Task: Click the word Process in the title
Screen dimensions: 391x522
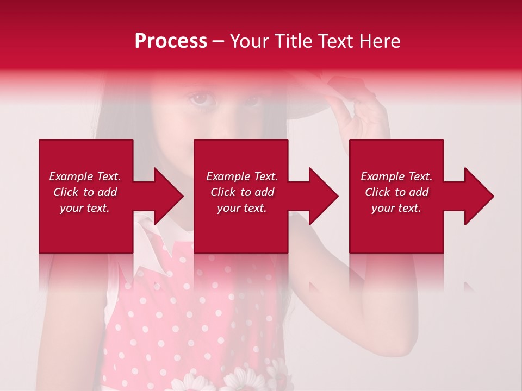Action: [x=171, y=41]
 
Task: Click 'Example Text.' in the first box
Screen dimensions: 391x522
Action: [x=85, y=176]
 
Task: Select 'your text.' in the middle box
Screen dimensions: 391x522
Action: [x=241, y=208]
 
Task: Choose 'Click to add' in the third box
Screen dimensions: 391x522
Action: [x=396, y=192]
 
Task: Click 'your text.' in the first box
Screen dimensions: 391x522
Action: [x=85, y=208]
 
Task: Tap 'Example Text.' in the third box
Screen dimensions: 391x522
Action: [x=396, y=176]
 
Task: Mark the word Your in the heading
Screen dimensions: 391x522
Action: [x=250, y=41]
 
